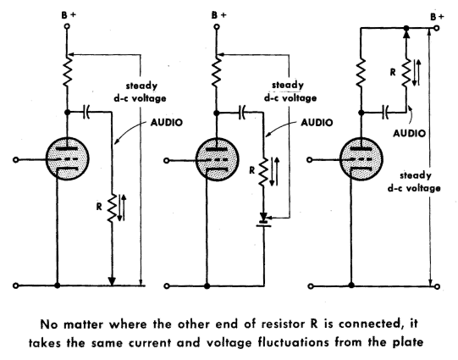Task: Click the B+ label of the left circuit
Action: click(69, 15)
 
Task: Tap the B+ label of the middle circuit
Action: click(218, 15)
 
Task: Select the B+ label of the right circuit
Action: click(437, 17)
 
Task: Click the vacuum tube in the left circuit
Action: click(68, 158)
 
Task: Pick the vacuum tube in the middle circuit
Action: click(217, 159)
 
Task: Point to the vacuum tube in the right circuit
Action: click(361, 159)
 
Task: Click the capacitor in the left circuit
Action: click(86, 112)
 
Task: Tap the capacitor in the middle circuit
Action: click(241, 113)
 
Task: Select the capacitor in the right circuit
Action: click(385, 113)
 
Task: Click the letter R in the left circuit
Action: click(99, 207)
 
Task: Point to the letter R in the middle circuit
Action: click(251, 170)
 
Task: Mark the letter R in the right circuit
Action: click(393, 72)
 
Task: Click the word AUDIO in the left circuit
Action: click(167, 123)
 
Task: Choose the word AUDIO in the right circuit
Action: click(409, 133)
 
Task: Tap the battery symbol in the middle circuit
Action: click(264, 220)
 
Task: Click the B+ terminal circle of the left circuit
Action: click(67, 26)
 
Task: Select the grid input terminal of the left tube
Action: click(16, 159)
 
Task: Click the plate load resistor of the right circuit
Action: click(361, 73)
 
